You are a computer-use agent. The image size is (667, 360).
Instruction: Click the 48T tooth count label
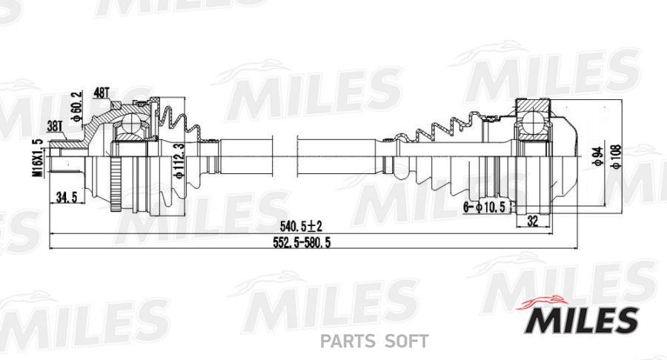[x=102, y=93]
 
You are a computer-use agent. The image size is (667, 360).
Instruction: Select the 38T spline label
[x=55, y=126]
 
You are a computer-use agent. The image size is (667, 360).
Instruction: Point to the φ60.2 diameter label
[x=76, y=105]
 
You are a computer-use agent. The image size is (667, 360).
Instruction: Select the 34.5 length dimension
[x=67, y=198]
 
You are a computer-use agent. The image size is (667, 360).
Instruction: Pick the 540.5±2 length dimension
[x=301, y=226]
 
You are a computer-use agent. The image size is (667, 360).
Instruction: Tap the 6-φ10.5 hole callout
[x=485, y=207]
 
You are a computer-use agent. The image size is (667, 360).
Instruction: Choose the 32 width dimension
[x=532, y=221]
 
